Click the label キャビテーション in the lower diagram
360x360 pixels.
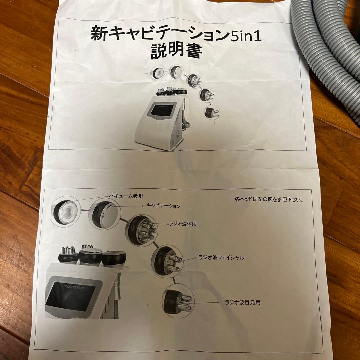(x=163, y=206)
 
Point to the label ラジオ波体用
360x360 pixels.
(x=183, y=224)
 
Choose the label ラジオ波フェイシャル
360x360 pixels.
(x=220, y=258)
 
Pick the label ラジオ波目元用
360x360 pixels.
(x=242, y=302)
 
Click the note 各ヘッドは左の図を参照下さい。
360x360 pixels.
(x=269, y=200)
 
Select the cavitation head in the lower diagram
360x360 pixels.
(x=104, y=214)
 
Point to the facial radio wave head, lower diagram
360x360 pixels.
(x=166, y=262)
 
